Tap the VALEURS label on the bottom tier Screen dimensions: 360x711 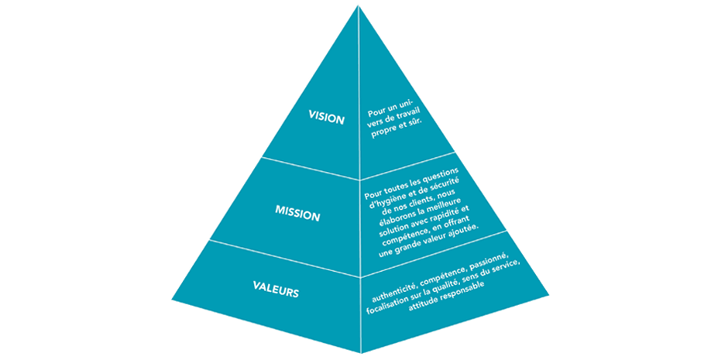pyautogui.click(x=276, y=293)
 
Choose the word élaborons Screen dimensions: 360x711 pyautogui.click(x=389, y=219)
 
